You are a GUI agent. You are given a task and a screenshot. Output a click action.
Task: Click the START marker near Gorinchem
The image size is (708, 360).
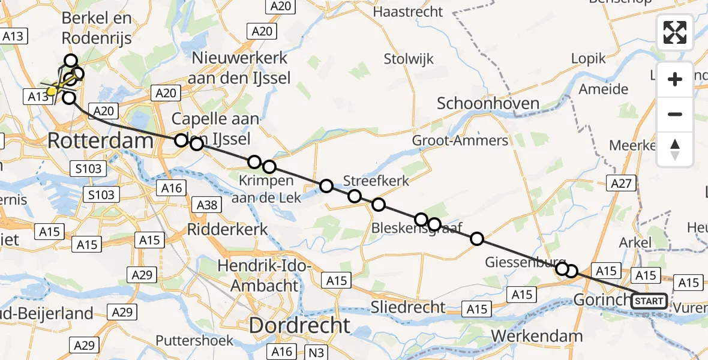tap(649, 301)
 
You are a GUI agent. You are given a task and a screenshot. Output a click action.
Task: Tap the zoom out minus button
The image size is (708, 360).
tap(675, 114)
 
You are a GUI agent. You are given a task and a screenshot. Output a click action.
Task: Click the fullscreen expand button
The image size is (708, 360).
tap(675, 32)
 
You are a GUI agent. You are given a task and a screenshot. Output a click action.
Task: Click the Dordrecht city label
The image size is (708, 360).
tap(299, 326)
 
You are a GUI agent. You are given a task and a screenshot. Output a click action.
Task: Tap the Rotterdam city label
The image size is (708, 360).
tap(101, 142)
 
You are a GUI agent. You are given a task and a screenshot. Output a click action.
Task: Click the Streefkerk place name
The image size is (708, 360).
tap(376, 181)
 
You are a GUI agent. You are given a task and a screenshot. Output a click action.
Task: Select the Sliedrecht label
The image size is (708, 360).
tap(408, 307)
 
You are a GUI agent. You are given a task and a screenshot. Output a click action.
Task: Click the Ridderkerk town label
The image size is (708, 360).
tap(228, 229)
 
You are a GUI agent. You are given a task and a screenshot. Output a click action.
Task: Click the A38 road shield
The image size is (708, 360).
tap(208, 206)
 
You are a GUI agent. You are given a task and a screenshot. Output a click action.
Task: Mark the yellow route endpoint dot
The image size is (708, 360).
tap(52, 91)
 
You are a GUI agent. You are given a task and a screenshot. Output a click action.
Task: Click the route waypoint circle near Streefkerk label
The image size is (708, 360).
tap(355, 196)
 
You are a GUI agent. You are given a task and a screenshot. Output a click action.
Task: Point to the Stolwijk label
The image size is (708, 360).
tap(408, 59)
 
